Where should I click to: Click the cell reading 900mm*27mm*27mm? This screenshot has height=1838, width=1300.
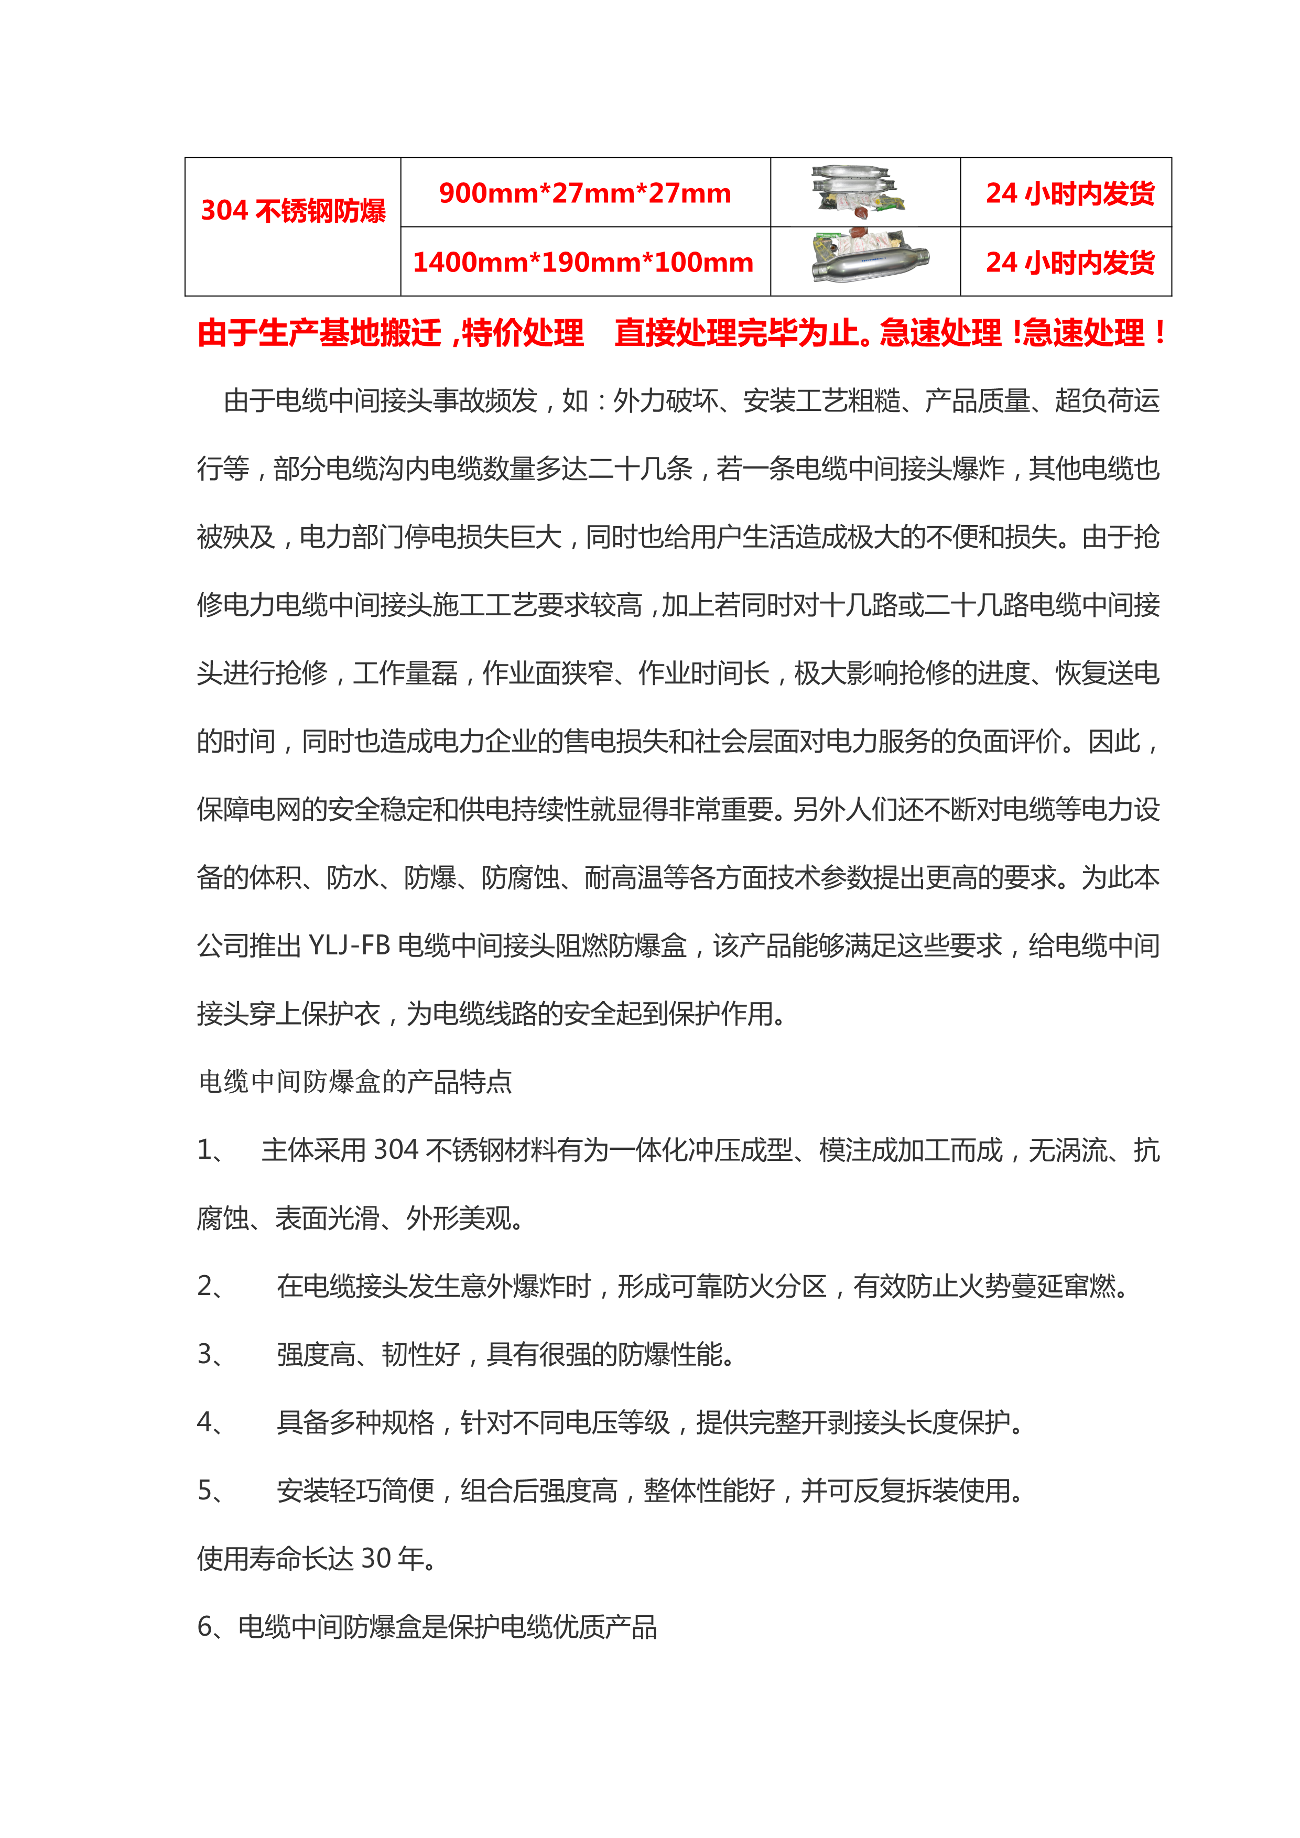(584, 193)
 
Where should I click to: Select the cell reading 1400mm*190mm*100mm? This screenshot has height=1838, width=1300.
(583, 262)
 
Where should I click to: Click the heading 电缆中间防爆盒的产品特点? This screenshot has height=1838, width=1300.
(355, 1082)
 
